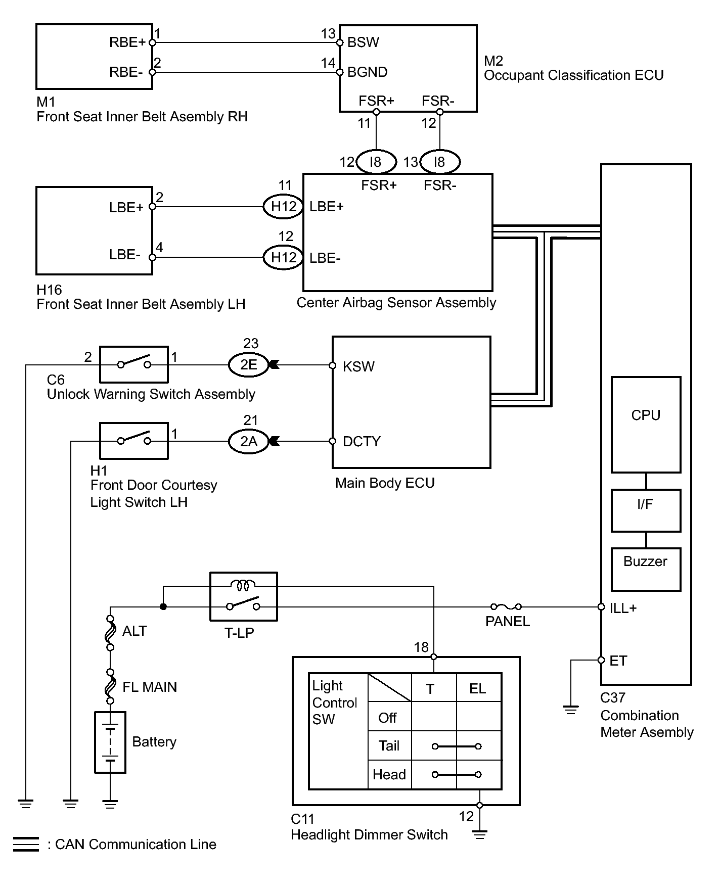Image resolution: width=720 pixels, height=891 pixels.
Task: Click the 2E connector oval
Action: pos(248,365)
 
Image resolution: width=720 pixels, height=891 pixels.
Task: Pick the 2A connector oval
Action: pos(248,441)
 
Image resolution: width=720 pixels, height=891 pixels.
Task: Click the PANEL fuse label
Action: pos(507,622)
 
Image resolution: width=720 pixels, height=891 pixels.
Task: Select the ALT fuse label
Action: pos(134,631)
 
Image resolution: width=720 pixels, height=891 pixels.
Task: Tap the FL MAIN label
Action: pos(150,687)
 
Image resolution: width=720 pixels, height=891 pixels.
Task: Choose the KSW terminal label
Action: pos(358,366)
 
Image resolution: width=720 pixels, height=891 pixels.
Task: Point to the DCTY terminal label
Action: pos(362,441)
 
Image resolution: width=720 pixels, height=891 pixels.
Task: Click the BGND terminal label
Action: pos(368,72)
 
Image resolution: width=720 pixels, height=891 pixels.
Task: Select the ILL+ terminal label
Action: pos(623,608)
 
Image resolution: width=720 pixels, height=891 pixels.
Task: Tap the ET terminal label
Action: pos(618,661)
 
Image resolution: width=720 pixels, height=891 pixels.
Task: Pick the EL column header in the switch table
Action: pos(478,688)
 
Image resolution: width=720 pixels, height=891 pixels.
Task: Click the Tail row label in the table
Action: pos(389,746)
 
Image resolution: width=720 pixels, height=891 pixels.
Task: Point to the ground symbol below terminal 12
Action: pos(479,834)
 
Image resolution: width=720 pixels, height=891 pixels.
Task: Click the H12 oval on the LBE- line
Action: pos(283,257)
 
